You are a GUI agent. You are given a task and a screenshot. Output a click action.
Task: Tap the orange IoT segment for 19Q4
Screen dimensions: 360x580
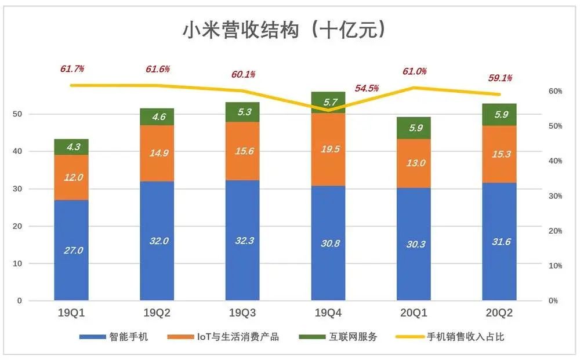point(328,149)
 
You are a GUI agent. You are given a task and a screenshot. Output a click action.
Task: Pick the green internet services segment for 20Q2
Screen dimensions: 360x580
point(499,115)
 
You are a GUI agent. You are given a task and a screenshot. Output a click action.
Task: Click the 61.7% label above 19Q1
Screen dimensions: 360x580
point(72,68)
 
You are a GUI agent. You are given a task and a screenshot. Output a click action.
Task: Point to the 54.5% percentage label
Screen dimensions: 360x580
point(367,89)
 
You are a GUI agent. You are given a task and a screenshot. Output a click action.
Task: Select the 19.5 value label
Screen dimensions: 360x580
point(328,149)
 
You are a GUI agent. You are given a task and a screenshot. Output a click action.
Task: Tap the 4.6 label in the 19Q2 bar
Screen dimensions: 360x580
point(157,117)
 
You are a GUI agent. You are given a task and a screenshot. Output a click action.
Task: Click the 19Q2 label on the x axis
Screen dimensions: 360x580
point(157,313)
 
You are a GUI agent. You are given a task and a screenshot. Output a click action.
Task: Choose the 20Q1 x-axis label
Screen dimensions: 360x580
point(414,313)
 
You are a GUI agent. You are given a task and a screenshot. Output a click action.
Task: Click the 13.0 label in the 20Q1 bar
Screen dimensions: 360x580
point(414,163)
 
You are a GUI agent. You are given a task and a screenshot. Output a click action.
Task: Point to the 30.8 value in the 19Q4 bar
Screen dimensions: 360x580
point(328,243)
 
